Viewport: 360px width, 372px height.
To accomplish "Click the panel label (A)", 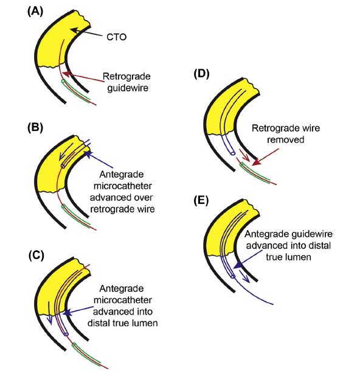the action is click(x=35, y=12).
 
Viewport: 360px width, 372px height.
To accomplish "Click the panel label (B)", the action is click(x=35, y=127).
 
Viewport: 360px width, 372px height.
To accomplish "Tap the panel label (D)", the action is click(x=201, y=74).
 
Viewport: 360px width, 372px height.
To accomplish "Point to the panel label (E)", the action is click(x=201, y=201).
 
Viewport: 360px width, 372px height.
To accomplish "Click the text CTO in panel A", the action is click(x=116, y=37).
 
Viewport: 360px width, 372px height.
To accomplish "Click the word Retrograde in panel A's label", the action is click(x=126, y=76).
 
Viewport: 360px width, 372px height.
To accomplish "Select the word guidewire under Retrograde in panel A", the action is click(x=128, y=88).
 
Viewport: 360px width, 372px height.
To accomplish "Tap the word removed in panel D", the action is click(x=286, y=139).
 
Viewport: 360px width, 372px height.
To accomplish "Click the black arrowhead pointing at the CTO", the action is click(x=74, y=30).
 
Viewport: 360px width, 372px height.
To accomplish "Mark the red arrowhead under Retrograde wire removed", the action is click(x=256, y=163).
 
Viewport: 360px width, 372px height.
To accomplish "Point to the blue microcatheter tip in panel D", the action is click(x=233, y=153).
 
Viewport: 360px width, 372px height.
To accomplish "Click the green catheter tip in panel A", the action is click(x=63, y=82).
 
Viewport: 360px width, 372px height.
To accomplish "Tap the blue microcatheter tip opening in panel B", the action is click(x=63, y=166).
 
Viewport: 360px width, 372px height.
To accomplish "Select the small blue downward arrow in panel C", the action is click(x=49, y=313).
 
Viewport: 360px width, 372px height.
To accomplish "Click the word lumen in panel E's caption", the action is click(x=300, y=257).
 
